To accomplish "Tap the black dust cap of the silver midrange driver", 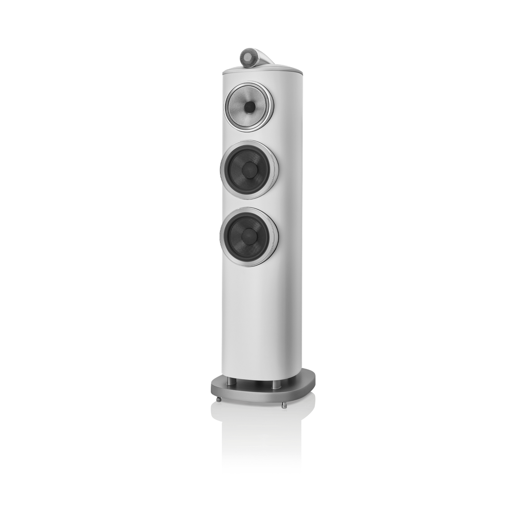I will click(250, 107).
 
